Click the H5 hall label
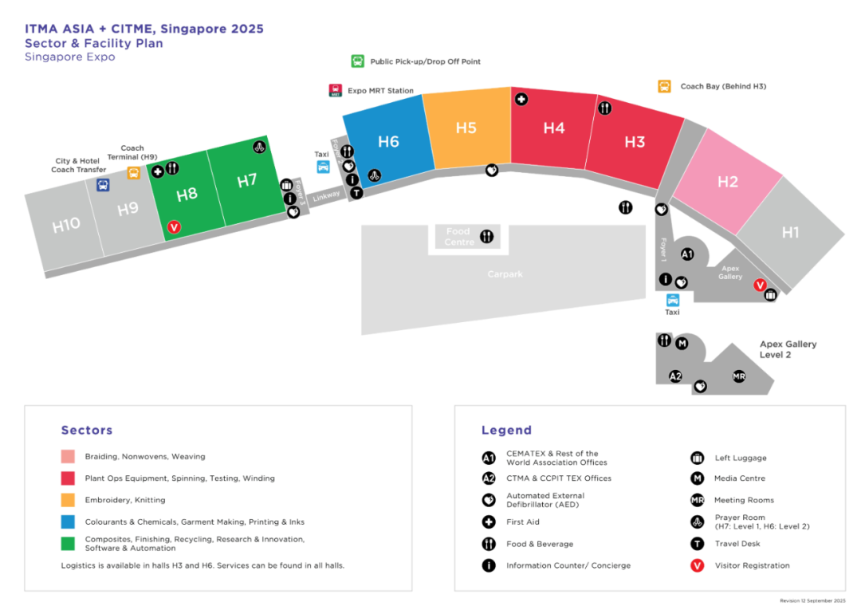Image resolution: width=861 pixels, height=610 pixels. coord(466,128)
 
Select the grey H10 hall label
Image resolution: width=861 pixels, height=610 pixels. coord(66,226)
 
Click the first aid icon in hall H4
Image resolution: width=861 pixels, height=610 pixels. coord(521,100)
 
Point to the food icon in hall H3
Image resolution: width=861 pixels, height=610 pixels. coord(604,108)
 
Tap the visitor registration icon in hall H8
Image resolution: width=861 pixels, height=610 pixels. coord(175,227)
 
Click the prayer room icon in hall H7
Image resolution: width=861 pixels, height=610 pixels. coord(259,147)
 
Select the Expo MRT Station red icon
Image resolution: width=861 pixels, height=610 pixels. coord(335,91)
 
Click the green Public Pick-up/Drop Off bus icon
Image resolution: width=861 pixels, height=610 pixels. coord(358,61)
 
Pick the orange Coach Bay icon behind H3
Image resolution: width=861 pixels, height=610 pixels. coord(664,86)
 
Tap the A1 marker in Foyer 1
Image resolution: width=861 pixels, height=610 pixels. coord(687,254)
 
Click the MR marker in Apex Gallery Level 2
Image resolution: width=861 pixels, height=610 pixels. coord(739,376)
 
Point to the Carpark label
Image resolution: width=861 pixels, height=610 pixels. coord(505,274)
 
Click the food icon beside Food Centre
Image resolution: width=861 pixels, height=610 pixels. coord(486,236)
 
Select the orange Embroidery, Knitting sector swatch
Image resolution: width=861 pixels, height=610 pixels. coord(68,500)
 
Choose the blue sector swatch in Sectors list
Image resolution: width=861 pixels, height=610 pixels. coord(68,521)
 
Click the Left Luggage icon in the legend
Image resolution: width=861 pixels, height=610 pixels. coord(698,458)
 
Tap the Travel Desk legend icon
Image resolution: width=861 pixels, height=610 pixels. coord(698,544)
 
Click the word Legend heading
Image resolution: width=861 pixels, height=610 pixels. coord(506,431)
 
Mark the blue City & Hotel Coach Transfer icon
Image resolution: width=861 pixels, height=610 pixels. coord(103,185)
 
